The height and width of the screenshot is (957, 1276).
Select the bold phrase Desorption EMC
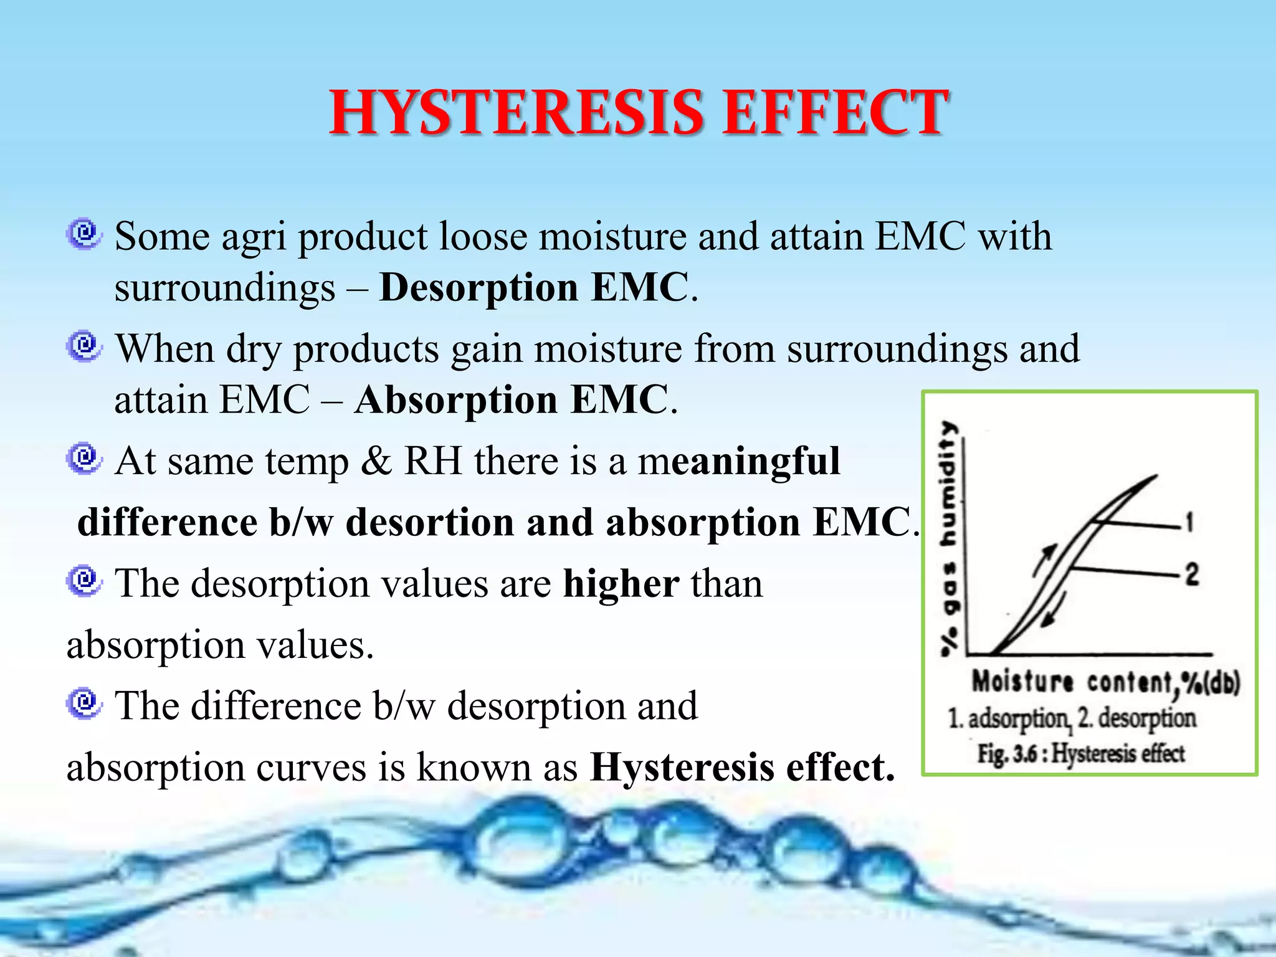pos(534,288)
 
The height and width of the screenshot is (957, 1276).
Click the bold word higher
pos(621,584)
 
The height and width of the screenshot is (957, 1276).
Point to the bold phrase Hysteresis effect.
pos(742,767)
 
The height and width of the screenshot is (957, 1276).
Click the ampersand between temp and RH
pos(376,462)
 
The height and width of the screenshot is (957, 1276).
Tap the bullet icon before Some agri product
pos(84,234)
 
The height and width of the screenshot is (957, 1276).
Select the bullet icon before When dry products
pos(84,346)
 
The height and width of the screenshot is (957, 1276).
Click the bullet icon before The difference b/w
pos(84,704)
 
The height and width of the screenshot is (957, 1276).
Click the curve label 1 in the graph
pos(1189,522)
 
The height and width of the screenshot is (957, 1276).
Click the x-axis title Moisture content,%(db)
pos(1106,682)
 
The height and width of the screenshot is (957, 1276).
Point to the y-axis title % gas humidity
pos(949,539)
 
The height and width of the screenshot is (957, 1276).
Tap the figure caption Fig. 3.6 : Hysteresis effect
pos(1081,753)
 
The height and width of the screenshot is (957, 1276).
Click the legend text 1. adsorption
pos(1009,718)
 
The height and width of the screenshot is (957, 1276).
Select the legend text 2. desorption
pos(1138,718)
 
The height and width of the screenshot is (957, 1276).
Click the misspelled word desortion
pos(430,523)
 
